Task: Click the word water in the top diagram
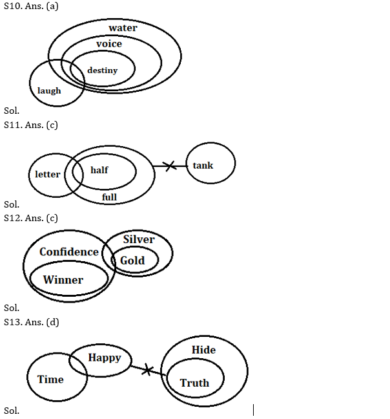pyautogui.click(x=123, y=28)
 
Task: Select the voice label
pyautogui.click(x=108, y=43)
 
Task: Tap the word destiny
pyautogui.click(x=102, y=70)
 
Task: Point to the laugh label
pyautogui.click(x=49, y=91)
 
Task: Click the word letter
pyautogui.click(x=48, y=174)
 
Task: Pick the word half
pyautogui.click(x=99, y=170)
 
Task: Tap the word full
pyautogui.click(x=109, y=197)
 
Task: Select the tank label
pyautogui.click(x=203, y=166)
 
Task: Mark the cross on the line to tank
pyautogui.click(x=170, y=166)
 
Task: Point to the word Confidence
pyautogui.click(x=69, y=252)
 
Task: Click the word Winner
pyautogui.click(x=63, y=280)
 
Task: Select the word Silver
pyautogui.click(x=139, y=239)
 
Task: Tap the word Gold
pyautogui.click(x=132, y=260)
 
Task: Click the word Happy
pyautogui.click(x=105, y=357)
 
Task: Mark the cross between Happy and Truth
pyautogui.click(x=147, y=370)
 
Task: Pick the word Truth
pyautogui.click(x=194, y=383)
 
